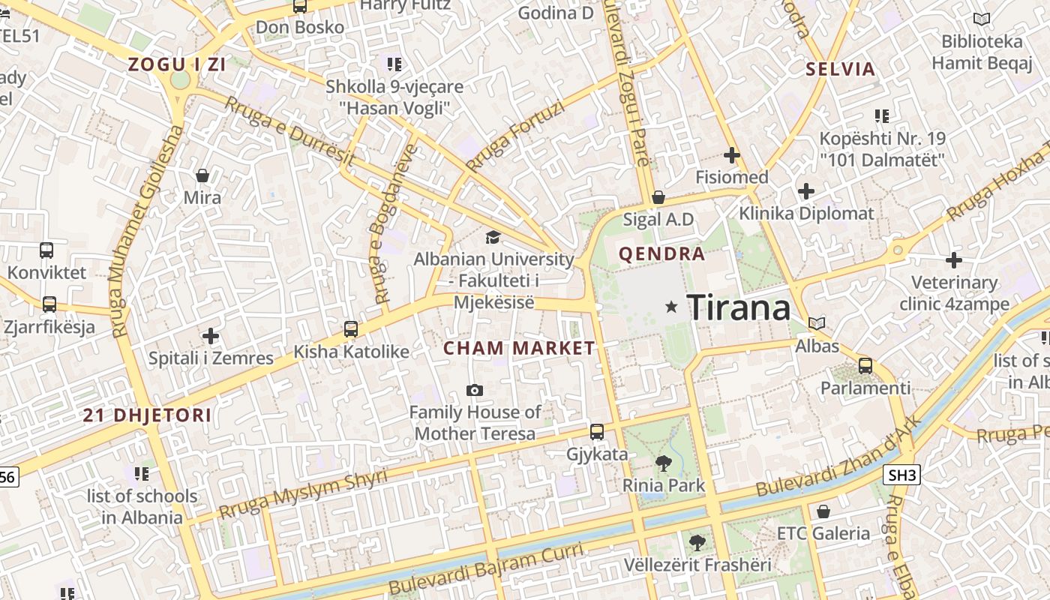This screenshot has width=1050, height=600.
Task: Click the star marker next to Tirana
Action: point(671,307)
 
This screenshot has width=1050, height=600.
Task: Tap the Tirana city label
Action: point(739,307)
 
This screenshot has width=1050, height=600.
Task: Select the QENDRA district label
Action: point(661,254)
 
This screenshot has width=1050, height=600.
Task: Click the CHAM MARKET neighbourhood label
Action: point(519,348)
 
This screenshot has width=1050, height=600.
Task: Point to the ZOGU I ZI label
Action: point(177,64)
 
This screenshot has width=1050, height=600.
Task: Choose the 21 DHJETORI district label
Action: point(147,415)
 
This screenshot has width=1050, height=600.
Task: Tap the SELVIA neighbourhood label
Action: point(841,70)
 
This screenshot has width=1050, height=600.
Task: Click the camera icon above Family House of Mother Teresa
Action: point(474,390)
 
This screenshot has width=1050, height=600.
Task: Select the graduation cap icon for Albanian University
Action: point(493,238)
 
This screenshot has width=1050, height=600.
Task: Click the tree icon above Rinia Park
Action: point(664,463)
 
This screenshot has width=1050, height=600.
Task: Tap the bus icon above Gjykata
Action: point(597,431)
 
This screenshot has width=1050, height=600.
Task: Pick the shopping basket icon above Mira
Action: point(202,175)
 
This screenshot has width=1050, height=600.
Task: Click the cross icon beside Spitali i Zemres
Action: point(211,335)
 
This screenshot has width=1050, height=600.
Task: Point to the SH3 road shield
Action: point(901,475)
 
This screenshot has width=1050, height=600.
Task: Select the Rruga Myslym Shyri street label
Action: point(304,494)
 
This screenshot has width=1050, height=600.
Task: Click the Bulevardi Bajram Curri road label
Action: point(486,568)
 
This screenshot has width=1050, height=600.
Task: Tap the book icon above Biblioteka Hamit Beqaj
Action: point(981,19)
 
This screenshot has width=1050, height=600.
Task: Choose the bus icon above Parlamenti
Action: point(865,366)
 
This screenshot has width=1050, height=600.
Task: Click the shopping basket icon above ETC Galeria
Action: point(823,511)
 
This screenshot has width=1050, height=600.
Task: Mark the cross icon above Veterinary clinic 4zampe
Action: point(954,260)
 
